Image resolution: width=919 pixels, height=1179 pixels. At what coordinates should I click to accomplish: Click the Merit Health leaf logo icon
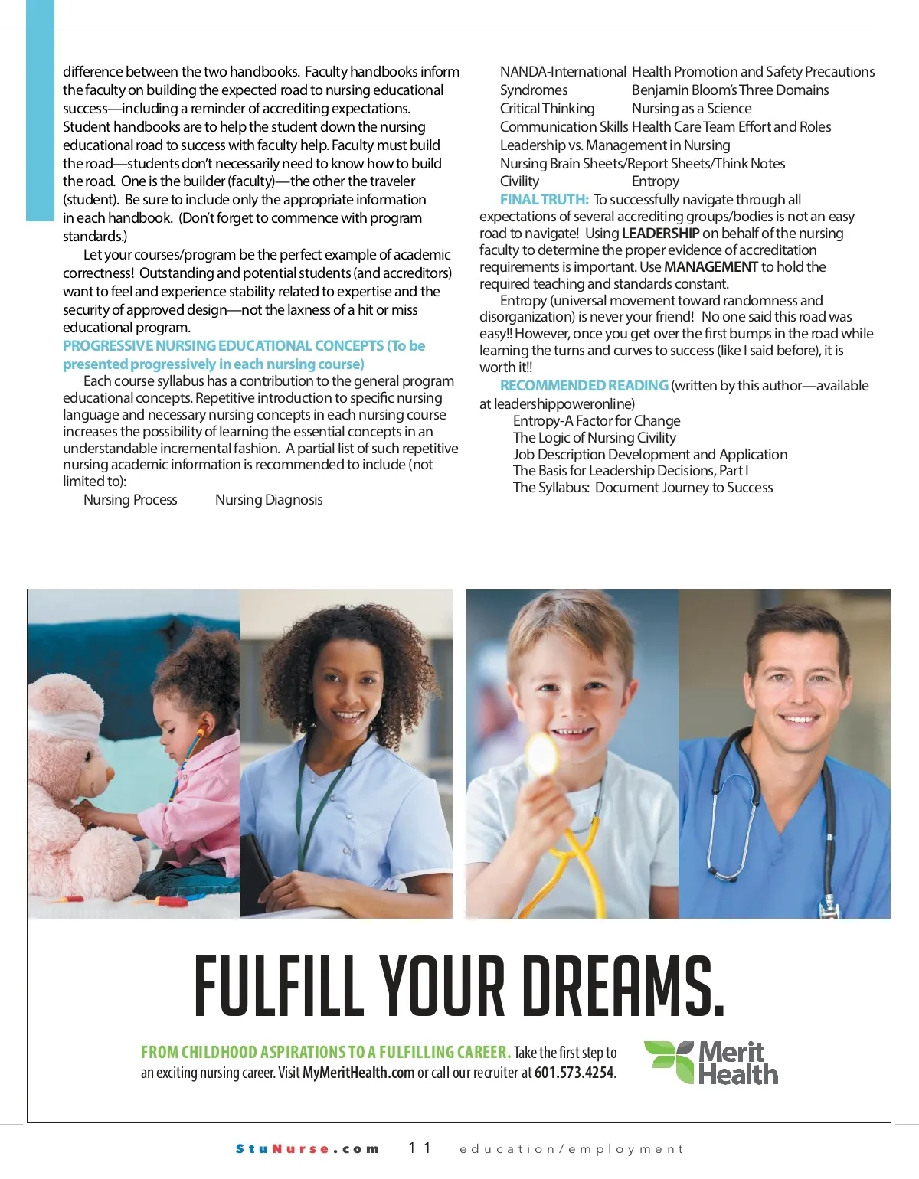pos(668,1062)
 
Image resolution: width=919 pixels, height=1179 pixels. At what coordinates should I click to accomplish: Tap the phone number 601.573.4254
pos(574,1073)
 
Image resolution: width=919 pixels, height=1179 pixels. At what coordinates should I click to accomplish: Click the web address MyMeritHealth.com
pos(358,1073)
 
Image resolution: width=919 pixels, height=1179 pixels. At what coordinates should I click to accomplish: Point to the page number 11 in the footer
pos(420,1148)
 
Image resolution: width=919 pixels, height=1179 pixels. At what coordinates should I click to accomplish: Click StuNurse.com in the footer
pos(307,1148)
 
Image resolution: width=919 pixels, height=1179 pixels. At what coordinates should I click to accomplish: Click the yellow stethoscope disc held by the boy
pos(542,755)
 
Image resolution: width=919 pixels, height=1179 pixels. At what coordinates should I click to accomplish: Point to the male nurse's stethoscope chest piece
pos(828,906)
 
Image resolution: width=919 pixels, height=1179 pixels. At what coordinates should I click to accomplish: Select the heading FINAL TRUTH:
pos(545,200)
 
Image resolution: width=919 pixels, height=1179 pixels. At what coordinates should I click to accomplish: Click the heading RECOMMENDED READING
pos(584,386)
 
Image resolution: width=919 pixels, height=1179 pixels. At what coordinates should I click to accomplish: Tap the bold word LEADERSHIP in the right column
pos(660,234)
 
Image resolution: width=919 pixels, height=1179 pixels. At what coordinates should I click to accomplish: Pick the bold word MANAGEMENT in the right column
pos(711,267)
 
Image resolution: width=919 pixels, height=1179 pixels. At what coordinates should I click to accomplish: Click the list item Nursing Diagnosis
pos(269,500)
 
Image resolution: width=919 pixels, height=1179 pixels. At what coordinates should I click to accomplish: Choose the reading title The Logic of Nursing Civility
pos(594,438)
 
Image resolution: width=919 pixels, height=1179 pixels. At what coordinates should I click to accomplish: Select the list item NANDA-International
pos(563,72)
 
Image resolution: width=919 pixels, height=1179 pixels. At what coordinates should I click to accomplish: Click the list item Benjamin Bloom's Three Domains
pos(730,90)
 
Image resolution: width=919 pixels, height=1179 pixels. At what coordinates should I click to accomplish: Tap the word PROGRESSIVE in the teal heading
pos(108,346)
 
